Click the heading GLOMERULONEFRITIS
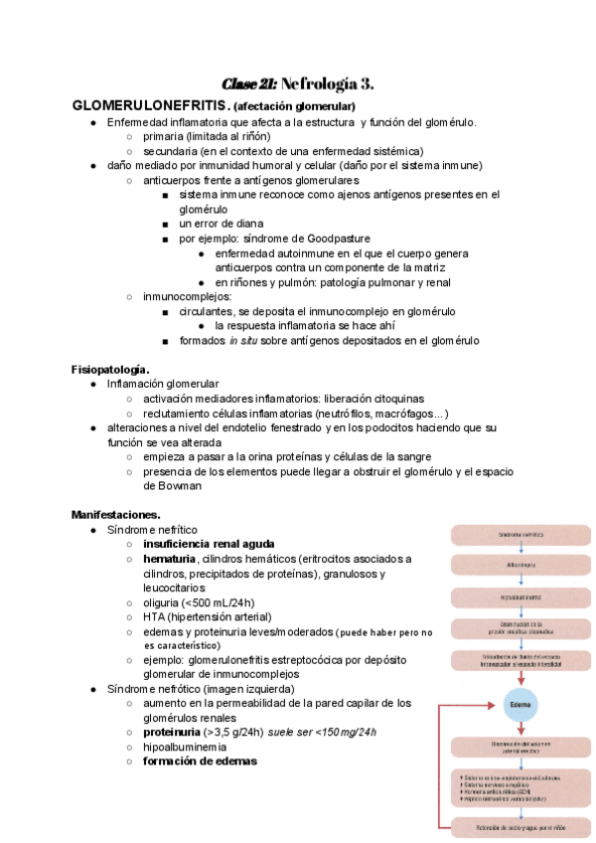pos(150,105)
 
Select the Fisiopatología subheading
pos(110,369)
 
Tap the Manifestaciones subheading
pos(116,514)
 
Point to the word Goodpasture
pos(334,239)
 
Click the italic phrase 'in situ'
pos(241,341)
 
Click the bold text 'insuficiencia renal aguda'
pos(209,545)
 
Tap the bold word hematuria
pos(169,560)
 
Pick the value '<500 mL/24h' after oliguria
pos(219,602)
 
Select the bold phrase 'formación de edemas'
pos(200,761)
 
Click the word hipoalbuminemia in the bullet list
pos(185,747)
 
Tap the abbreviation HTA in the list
pos(155,617)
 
